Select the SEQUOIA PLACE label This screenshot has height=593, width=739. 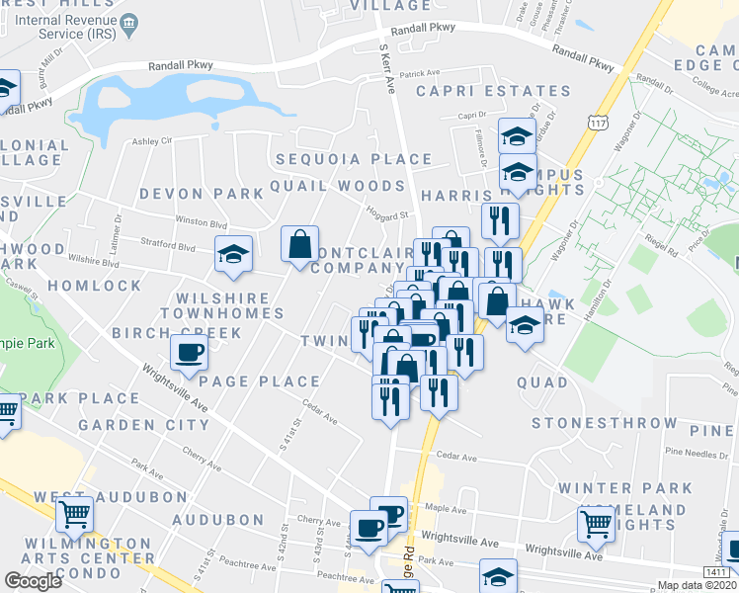(354, 159)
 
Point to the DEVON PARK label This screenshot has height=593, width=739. (202, 194)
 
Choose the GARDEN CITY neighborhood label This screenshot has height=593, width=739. (143, 425)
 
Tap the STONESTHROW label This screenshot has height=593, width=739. (605, 423)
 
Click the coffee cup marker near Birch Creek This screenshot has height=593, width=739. (189, 352)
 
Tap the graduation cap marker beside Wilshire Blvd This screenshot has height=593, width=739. (234, 254)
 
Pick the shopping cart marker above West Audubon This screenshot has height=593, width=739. (74, 514)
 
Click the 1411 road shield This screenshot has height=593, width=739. (717, 572)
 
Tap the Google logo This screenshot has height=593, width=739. (33, 581)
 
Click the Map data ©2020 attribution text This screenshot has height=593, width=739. (696, 585)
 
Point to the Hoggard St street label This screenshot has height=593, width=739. (388, 214)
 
